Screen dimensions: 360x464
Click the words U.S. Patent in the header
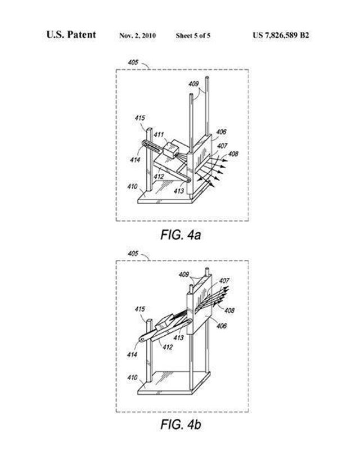click(x=71, y=35)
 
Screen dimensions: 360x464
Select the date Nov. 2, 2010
click(x=137, y=36)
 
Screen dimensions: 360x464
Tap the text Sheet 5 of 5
click(x=193, y=36)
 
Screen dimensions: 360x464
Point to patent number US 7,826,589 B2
click(x=281, y=35)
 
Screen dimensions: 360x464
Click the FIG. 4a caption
click(x=181, y=235)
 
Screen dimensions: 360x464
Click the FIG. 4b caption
click(x=181, y=424)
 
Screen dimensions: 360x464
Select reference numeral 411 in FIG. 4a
click(x=159, y=134)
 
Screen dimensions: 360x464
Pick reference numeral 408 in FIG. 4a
click(x=233, y=154)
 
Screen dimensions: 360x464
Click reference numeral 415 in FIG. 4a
click(x=139, y=118)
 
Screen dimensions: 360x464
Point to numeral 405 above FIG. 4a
click(x=133, y=62)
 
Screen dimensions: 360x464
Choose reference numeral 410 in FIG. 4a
click(x=132, y=186)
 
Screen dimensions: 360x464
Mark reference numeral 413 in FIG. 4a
click(x=179, y=191)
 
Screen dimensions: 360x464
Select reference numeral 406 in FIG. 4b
click(x=222, y=326)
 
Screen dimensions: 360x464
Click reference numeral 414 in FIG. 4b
click(x=132, y=354)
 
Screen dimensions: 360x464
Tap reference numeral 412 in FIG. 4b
click(x=168, y=347)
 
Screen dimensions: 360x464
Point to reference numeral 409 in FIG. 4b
click(x=183, y=274)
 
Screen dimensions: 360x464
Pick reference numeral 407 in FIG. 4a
click(x=222, y=146)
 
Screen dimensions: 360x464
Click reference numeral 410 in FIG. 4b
click(x=132, y=377)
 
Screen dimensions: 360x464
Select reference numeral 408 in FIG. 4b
click(x=229, y=310)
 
